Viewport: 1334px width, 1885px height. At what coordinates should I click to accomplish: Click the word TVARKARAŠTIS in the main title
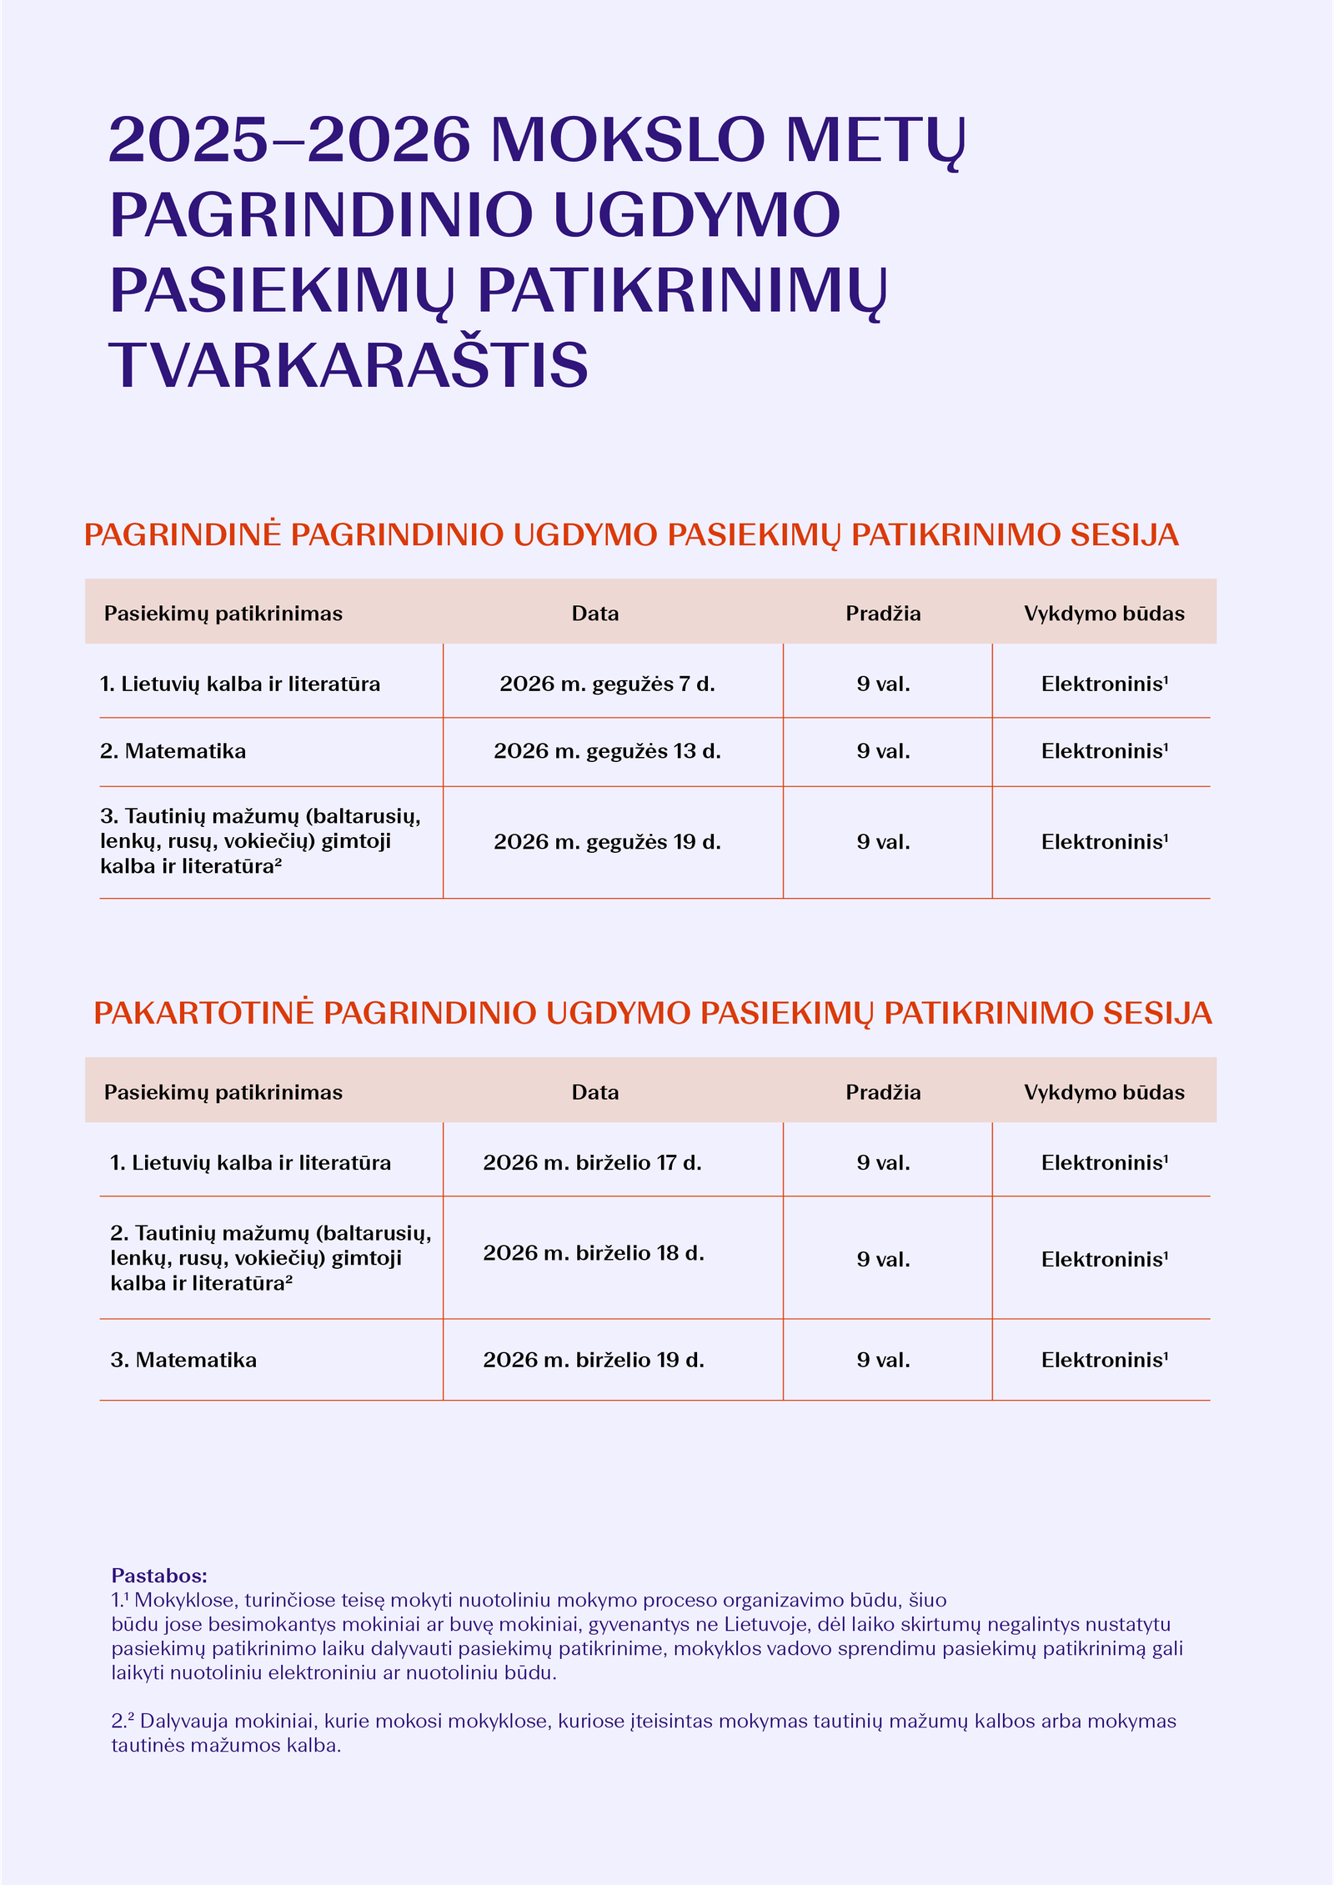(349, 365)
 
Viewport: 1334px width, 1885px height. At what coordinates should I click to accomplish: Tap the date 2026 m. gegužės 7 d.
(607, 684)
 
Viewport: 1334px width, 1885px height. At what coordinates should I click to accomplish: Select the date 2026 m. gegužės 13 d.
(607, 751)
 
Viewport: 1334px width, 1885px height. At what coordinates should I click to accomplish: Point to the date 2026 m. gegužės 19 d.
(607, 842)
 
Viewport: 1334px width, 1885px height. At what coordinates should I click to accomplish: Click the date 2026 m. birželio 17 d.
(592, 1163)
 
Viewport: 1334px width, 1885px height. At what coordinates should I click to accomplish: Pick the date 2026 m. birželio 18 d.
(594, 1253)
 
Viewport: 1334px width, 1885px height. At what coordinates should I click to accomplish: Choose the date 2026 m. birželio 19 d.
(594, 1360)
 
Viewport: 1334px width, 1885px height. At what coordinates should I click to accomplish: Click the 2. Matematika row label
(173, 751)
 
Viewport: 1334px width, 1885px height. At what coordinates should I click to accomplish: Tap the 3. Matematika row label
(183, 1360)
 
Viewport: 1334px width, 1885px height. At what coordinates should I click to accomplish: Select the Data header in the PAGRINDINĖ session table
(595, 614)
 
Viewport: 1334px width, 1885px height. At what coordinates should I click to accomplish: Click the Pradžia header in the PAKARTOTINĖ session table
(883, 1092)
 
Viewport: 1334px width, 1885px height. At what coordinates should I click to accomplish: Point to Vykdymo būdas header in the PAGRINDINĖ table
(1104, 614)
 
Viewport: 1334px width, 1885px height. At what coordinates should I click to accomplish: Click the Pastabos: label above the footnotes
(159, 1576)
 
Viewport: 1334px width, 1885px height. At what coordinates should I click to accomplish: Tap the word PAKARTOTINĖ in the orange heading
(203, 1013)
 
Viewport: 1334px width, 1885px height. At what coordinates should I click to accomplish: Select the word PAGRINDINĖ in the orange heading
(183, 534)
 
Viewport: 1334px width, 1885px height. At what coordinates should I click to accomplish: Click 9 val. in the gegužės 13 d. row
(883, 751)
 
